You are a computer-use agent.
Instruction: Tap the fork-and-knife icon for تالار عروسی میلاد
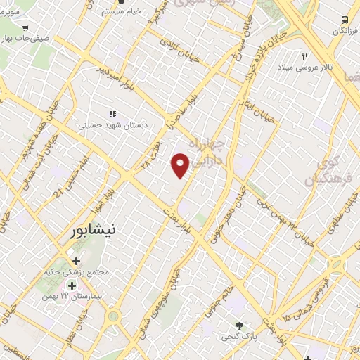(305, 56)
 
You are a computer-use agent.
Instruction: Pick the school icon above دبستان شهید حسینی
(112, 114)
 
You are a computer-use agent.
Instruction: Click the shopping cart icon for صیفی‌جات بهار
(25, 29)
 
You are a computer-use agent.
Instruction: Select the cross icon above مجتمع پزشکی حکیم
(77, 262)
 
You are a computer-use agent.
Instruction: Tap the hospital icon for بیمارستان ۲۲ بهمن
(71, 285)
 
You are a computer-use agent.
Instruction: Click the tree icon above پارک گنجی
(239, 325)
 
